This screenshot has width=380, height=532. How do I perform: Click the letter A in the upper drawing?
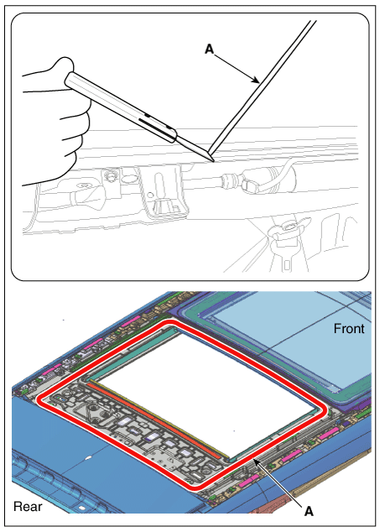(210, 50)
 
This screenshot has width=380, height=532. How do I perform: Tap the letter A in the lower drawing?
(309, 511)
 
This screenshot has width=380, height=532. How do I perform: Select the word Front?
(349, 329)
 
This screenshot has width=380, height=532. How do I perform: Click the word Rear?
(28, 507)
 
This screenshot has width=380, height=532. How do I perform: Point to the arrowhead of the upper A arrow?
(256, 80)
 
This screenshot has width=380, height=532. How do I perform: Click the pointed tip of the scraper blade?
(213, 161)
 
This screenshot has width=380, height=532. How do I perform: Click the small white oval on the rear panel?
(87, 457)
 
